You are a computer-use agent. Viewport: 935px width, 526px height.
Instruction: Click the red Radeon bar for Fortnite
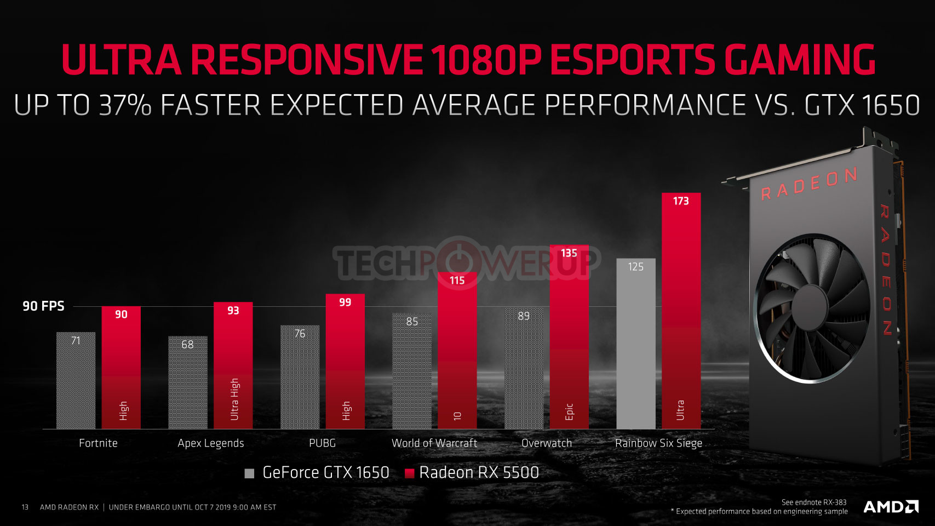point(121,367)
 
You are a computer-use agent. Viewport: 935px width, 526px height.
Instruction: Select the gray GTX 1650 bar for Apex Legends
point(188,384)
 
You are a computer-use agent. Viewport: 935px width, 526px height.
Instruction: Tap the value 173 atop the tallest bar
point(681,201)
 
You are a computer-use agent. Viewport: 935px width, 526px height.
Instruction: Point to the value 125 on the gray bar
point(635,267)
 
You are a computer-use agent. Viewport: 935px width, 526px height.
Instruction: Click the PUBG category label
point(322,443)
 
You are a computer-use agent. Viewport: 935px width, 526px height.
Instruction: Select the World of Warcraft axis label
point(434,443)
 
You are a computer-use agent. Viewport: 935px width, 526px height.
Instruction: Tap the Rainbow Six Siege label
point(658,443)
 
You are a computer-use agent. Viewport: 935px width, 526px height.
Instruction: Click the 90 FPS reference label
point(43,306)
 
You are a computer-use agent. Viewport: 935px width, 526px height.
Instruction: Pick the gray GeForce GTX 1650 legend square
point(249,473)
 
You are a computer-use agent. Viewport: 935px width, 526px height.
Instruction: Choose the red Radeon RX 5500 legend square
point(409,473)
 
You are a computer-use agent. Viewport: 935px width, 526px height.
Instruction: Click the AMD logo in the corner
point(891,507)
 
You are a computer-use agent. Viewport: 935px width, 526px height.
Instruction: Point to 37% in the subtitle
point(125,105)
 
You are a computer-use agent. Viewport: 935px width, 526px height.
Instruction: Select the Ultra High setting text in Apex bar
point(234,399)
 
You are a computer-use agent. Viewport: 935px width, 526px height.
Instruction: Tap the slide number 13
point(25,507)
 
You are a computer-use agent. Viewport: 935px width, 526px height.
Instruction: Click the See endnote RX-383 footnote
point(813,502)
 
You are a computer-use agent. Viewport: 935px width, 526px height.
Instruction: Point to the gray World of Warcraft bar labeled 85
point(412,373)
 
